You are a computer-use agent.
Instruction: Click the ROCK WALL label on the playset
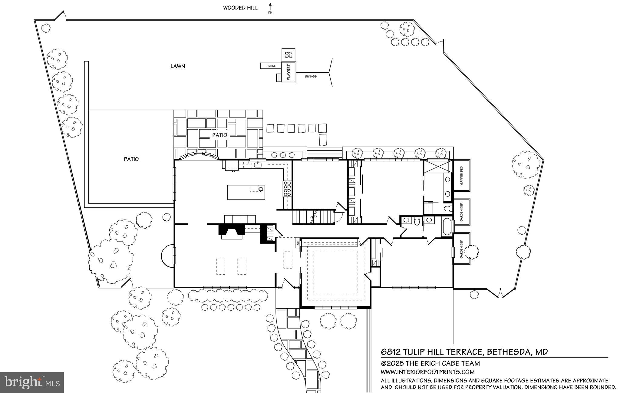[x=288, y=55]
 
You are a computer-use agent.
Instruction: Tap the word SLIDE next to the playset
[x=272, y=66]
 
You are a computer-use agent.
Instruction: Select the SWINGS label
[x=311, y=77]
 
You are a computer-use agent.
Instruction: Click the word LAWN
[x=178, y=66]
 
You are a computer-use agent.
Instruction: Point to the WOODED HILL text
[x=240, y=8]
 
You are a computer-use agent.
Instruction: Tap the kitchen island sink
[x=261, y=190]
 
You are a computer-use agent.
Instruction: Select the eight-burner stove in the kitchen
[x=287, y=189]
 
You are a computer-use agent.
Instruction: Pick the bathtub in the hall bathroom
[x=446, y=228]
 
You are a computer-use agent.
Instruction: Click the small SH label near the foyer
[x=298, y=243]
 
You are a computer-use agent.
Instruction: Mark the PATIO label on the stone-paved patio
[x=219, y=135]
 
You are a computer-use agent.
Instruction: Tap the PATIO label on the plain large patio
[x=131, y=159]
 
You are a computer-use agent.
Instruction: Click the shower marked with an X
[x=437, y=166]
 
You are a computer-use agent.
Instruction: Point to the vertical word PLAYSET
[x=288, y=72]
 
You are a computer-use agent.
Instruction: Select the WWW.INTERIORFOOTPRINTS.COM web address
[x=427, y=372]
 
